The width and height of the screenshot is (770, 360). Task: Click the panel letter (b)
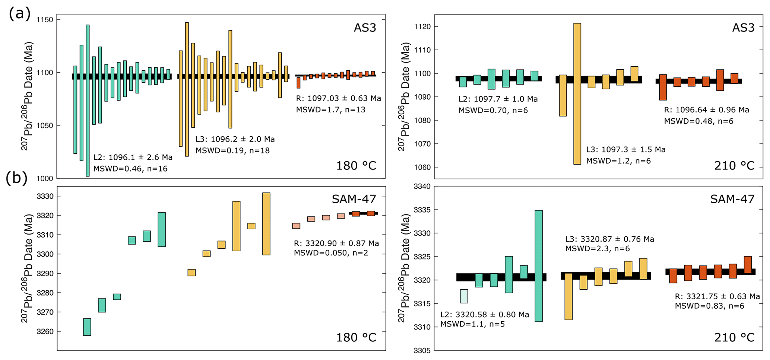(x=16, y=178)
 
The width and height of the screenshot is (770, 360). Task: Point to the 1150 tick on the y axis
(x=45, y=20)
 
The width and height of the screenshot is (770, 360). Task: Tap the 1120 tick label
(x=422, y=27)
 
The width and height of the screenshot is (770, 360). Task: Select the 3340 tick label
(x=422, y=187)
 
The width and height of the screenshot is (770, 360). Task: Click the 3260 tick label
(x=45, y=332)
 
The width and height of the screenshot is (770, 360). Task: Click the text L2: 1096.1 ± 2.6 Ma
(x=133, y=157)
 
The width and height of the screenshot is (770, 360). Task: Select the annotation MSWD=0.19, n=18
(x=232, y=150)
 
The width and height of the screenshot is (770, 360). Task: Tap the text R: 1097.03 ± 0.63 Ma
(x=339, y=99)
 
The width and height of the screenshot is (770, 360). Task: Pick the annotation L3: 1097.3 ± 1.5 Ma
(x=626, y=150)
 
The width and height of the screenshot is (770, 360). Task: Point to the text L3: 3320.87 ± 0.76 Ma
(x=609, y=239)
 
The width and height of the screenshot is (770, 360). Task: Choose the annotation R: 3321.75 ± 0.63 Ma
(x=717, y=296)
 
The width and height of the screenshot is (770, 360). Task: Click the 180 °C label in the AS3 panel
(x=356, y=166)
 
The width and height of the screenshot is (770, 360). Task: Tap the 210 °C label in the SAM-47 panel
(x=734, y=337)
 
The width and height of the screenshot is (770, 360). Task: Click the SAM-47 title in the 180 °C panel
(x=354, y=199)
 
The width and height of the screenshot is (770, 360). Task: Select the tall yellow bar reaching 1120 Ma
(x=577, y=93)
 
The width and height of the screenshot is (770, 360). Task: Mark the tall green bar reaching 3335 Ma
(x=539, y=265)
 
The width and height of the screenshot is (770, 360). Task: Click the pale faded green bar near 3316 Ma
(x=464, y=296)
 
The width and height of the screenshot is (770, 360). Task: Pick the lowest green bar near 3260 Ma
(x=87, y=327)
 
